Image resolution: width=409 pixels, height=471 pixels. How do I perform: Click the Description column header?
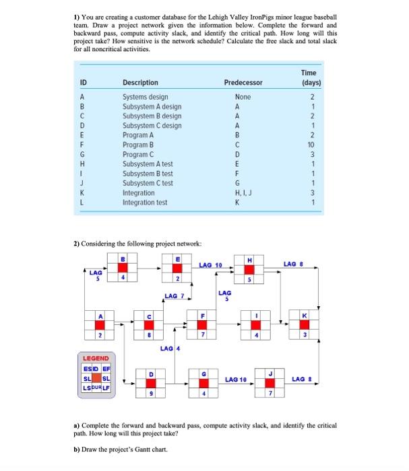click(x=140, y=83)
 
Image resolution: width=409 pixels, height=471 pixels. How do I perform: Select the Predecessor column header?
click(x=243, y=83)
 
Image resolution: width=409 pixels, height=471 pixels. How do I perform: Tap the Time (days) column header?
click(x=311, y=78)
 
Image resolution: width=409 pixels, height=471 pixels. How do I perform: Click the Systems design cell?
click(x=144, y=97)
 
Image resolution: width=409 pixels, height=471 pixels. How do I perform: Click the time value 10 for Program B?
click(x=311, y=145)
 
